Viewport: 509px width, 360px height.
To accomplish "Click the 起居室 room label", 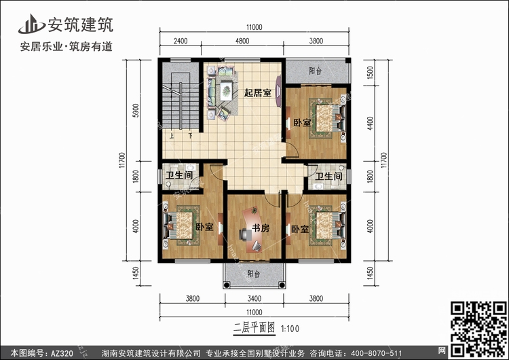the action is (x=258, y=93).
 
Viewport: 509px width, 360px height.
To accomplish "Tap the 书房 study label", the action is (x=261, y=228).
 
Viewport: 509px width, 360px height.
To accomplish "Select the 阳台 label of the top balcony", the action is (x=315, y=71).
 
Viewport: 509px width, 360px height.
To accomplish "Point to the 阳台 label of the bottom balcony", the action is (x=254, y=274).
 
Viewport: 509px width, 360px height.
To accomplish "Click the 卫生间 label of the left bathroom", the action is (x=179, y=175).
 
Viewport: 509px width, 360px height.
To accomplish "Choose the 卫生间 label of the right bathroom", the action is (x=329, y=177).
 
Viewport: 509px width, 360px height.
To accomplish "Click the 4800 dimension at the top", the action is (x=242, y=41).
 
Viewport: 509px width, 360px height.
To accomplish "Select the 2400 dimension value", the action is (x=181, y=41).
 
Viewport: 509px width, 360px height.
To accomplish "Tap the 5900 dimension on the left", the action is (x=136, y=111).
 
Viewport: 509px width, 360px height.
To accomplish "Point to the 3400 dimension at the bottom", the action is (x=254, y=298).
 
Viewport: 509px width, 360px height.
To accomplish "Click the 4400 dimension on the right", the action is (x=370, y=123).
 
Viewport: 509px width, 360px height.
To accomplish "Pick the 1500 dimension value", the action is (x=370, y=73).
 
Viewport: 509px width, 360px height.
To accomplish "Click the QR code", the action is (x=478, y=329).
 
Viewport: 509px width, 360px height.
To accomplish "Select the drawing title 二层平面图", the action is (x=254, y=327).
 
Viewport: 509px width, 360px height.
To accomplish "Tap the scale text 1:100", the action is (x=290, y=329).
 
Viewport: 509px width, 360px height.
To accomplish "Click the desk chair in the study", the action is (x=245, y=234).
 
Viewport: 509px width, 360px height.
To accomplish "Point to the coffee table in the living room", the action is (x=226, y=91).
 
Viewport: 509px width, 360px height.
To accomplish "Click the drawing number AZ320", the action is (x=62, y=353).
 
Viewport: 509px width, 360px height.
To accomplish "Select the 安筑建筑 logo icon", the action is (x=31, y=24).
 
